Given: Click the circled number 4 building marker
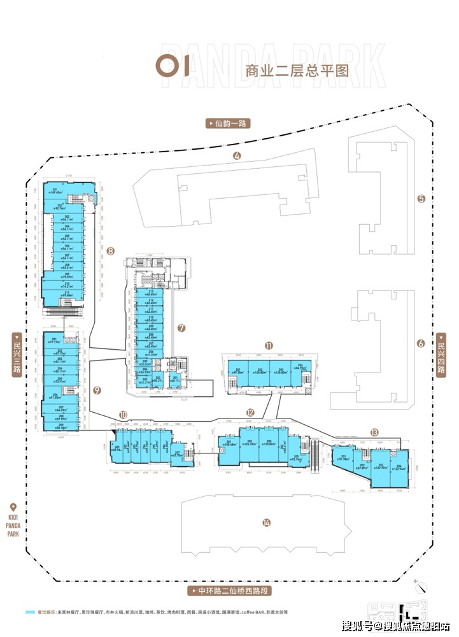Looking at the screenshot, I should tap(237, 157).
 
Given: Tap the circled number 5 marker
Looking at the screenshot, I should tap(421, 198).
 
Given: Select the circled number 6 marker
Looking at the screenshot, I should tap(420, 343).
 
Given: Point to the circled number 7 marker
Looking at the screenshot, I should tap(181, 329).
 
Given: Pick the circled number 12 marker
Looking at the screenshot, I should tap(251, 412).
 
